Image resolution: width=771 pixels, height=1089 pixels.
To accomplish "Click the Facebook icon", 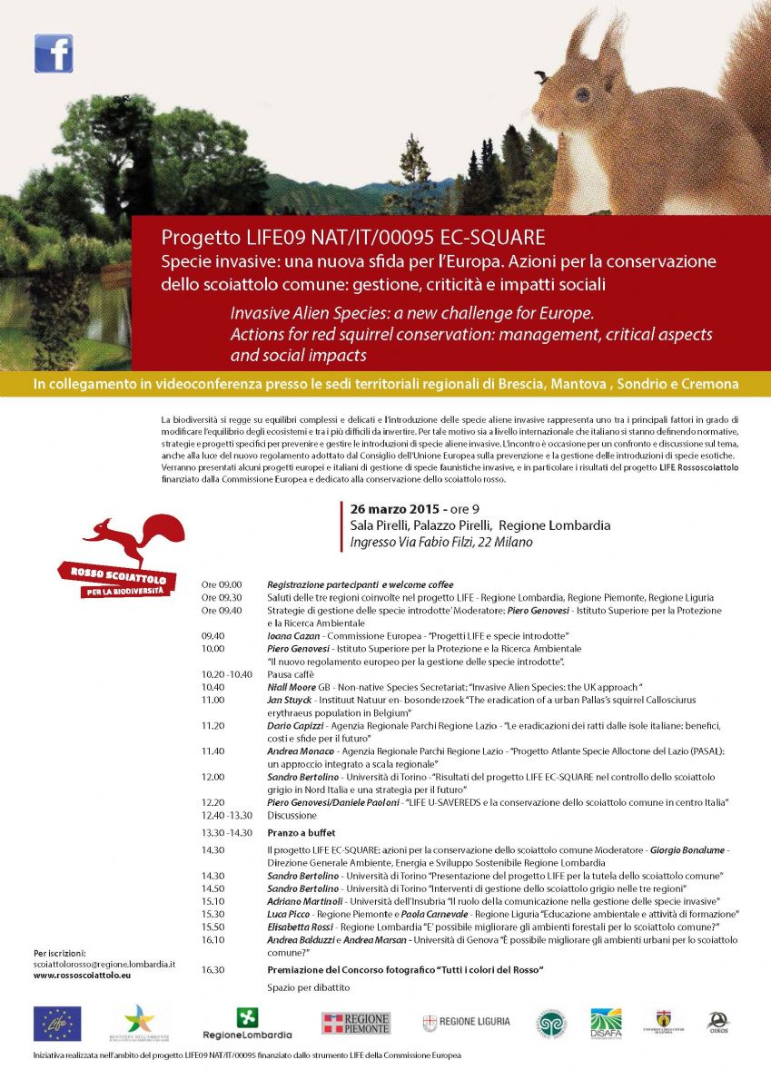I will (x=54, y=54).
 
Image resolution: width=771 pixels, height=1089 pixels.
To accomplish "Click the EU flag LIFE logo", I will (x=57, y=1023).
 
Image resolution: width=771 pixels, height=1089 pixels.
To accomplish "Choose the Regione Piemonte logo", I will (x=356, y=1023).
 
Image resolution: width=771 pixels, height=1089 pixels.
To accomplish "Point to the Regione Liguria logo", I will (x=467, y=1022).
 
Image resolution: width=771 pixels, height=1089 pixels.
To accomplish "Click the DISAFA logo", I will (x=606, y=1023).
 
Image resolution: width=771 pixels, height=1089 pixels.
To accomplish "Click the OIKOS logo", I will (x=717, y=1023).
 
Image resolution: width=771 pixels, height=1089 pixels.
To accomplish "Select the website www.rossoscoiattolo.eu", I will (x=82, y=975).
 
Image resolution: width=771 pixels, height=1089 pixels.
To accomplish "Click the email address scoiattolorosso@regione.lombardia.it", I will (x=104, y=964).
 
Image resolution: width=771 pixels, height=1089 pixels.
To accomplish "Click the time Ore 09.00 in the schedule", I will (x=222, y=585).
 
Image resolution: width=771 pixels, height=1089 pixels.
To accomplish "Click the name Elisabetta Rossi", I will (x=300, y=927).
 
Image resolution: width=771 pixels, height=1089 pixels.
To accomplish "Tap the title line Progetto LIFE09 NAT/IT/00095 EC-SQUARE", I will (x=353, y=238).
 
